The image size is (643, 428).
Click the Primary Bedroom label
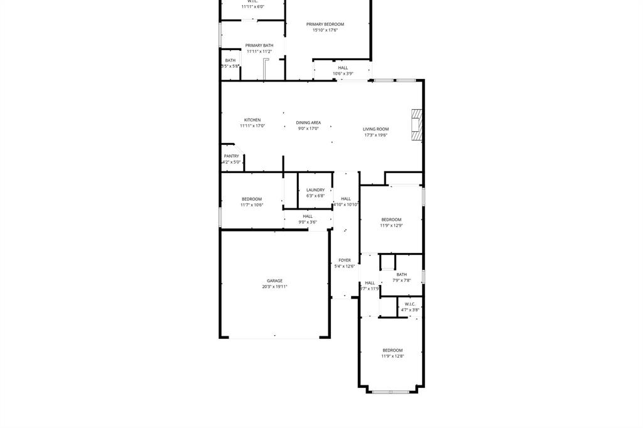(x=325, y=24)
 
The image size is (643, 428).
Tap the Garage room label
(x=274, y=281)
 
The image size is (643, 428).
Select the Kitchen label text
(x=252, y=120)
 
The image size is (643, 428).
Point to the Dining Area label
(x=308, y=123)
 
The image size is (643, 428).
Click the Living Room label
(x=376, y=129)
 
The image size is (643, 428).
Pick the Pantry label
(x=231, y=156)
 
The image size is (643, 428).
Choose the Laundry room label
(x=315, y=190)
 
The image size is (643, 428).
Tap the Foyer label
(x=345, y=260)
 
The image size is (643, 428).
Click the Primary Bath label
(x=259, y=45)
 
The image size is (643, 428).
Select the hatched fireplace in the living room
(x=416, y=125)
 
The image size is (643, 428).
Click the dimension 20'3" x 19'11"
(x=274, y=287)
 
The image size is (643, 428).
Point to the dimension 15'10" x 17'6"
(x=325, y=30)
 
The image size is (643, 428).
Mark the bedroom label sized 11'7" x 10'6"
(x=251, y=199)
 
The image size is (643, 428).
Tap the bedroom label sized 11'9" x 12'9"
(x=391, y=220)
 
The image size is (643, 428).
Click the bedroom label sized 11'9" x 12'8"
(x=392, y=350)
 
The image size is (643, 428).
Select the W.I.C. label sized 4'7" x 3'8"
(x=410, y=304)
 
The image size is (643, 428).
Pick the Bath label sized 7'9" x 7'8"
(x=401, y=274)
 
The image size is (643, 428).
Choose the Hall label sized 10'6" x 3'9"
(x=343, y=68)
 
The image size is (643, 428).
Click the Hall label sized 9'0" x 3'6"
(x=308, y=217)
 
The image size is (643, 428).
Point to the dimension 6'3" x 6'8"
(x=315, y=196)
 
